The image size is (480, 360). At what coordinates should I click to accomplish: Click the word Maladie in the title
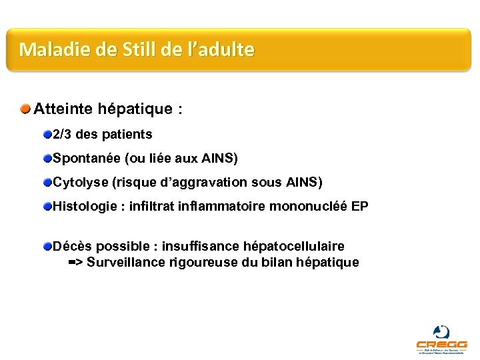(45, 49)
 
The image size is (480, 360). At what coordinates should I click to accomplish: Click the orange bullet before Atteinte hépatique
(25, 108)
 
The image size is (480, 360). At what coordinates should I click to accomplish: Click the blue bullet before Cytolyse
(47, 182)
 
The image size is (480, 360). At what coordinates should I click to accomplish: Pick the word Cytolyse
(78, 182)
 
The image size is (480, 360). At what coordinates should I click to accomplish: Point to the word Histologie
(83, 207)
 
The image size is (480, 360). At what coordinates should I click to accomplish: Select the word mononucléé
(308, 207)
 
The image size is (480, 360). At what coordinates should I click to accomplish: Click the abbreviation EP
(359, 207)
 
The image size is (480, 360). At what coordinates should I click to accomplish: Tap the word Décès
(71, 247)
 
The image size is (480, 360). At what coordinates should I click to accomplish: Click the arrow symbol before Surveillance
(75, 263)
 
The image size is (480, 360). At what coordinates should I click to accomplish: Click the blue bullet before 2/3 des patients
(47, 135)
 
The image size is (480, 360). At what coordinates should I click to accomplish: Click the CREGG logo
(441, 339)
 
